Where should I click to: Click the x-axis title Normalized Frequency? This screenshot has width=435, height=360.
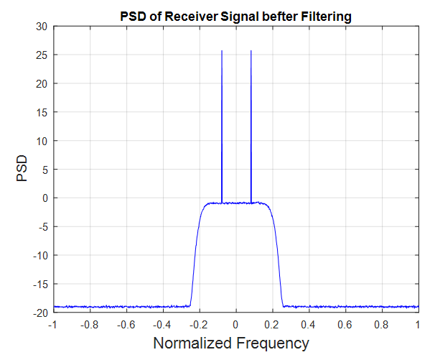click(231, 343)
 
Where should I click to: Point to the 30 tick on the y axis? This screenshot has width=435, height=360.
click(40, 27)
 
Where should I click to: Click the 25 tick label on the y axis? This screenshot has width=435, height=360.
click(40, 55)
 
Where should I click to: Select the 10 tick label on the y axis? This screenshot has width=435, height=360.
click(40, 141)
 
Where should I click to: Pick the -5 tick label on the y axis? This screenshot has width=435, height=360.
click(41, 227)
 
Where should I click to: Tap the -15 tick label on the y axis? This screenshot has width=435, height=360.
click(39, 284)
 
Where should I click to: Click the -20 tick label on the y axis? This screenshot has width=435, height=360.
click(39, 313)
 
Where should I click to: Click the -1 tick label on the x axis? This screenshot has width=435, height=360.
click(52, 325)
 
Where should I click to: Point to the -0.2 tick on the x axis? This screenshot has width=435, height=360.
click(197, 325)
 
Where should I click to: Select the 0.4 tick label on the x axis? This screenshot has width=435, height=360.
click(309, 325)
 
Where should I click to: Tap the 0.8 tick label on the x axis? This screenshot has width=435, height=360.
click(382, 325)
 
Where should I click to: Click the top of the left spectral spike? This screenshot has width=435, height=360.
click(222, 51)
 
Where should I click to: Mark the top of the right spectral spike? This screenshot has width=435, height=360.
click(251, 51)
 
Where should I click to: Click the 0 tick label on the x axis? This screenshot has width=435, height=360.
click(235, 325)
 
